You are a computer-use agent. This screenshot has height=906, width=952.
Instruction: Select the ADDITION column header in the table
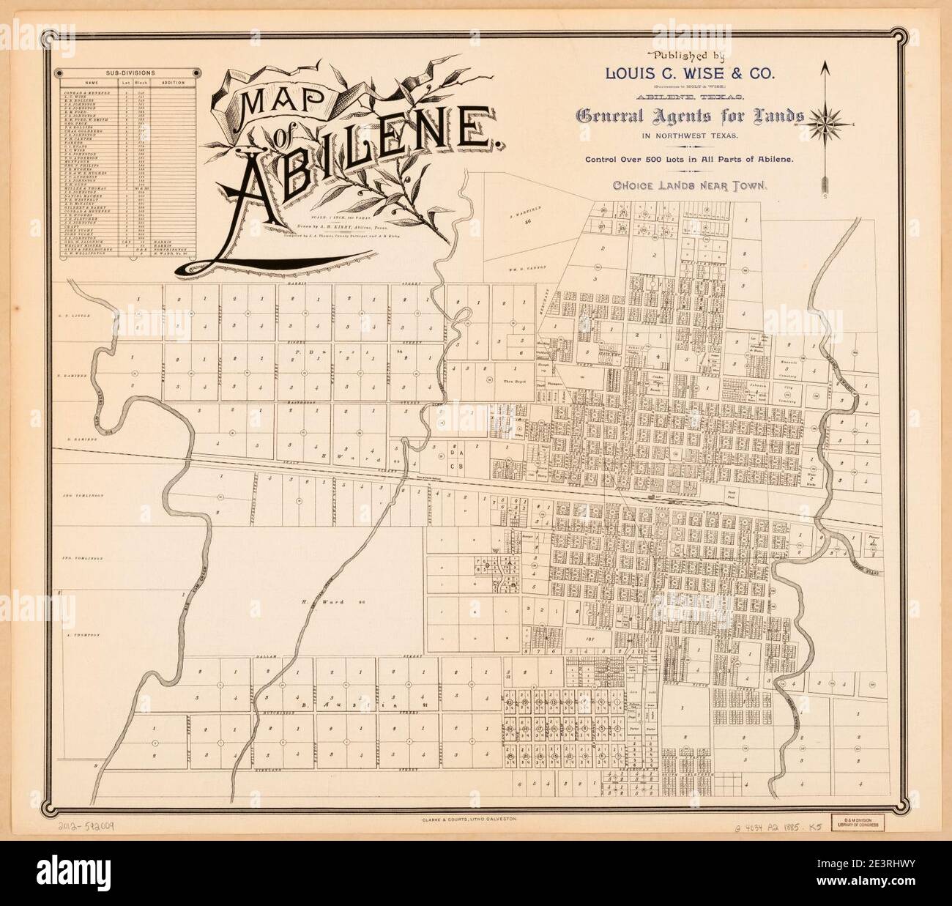(174, 83)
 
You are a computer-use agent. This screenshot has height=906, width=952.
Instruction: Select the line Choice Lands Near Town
(690, 186)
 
